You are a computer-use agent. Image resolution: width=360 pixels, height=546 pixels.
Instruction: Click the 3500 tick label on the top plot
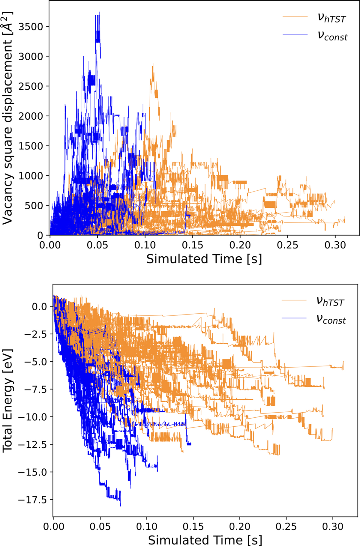tap(31, 27)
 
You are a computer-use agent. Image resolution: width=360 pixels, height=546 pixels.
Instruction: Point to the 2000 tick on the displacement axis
tap(31, 116)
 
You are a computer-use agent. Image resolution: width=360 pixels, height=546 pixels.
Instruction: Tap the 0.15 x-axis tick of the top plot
tap(192, 245)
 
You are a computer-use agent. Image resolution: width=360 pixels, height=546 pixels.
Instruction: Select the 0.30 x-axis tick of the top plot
tap(335, 245)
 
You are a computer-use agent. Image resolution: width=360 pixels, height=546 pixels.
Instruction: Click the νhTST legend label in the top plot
tap(331, 18)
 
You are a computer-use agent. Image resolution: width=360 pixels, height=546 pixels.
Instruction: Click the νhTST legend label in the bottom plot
tap(330, 301)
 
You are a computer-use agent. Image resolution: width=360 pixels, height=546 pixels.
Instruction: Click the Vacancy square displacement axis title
tap(7, 118)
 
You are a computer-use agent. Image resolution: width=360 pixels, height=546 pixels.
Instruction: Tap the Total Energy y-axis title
tap(7, 401)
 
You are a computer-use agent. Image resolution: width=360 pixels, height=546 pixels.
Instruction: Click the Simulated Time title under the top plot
tap(204, 259)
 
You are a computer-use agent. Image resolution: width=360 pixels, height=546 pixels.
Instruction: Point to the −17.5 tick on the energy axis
tap(32, 500)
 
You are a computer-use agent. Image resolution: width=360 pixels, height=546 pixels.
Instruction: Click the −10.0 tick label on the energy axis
tap(32, 417)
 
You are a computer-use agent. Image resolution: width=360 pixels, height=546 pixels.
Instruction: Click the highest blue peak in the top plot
tap(100, 12)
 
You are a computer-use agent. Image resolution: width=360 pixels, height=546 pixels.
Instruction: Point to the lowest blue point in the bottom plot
tap(121, 506)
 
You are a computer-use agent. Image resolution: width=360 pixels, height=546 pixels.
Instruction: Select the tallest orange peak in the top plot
tap(153, 64)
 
